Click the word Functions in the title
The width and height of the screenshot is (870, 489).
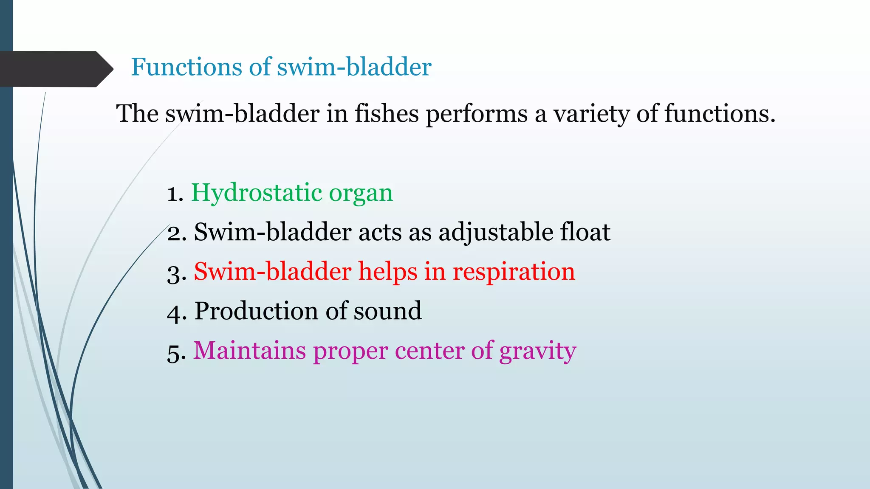point(186,67)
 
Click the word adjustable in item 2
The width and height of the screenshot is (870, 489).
point(495,233)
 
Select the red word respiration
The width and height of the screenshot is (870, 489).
point(514,272)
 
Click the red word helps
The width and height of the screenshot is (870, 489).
point(387,272)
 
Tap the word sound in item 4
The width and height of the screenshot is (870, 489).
point(387,311)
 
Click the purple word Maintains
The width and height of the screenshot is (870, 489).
point(249,351)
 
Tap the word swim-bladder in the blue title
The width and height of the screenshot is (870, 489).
point(354,67)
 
